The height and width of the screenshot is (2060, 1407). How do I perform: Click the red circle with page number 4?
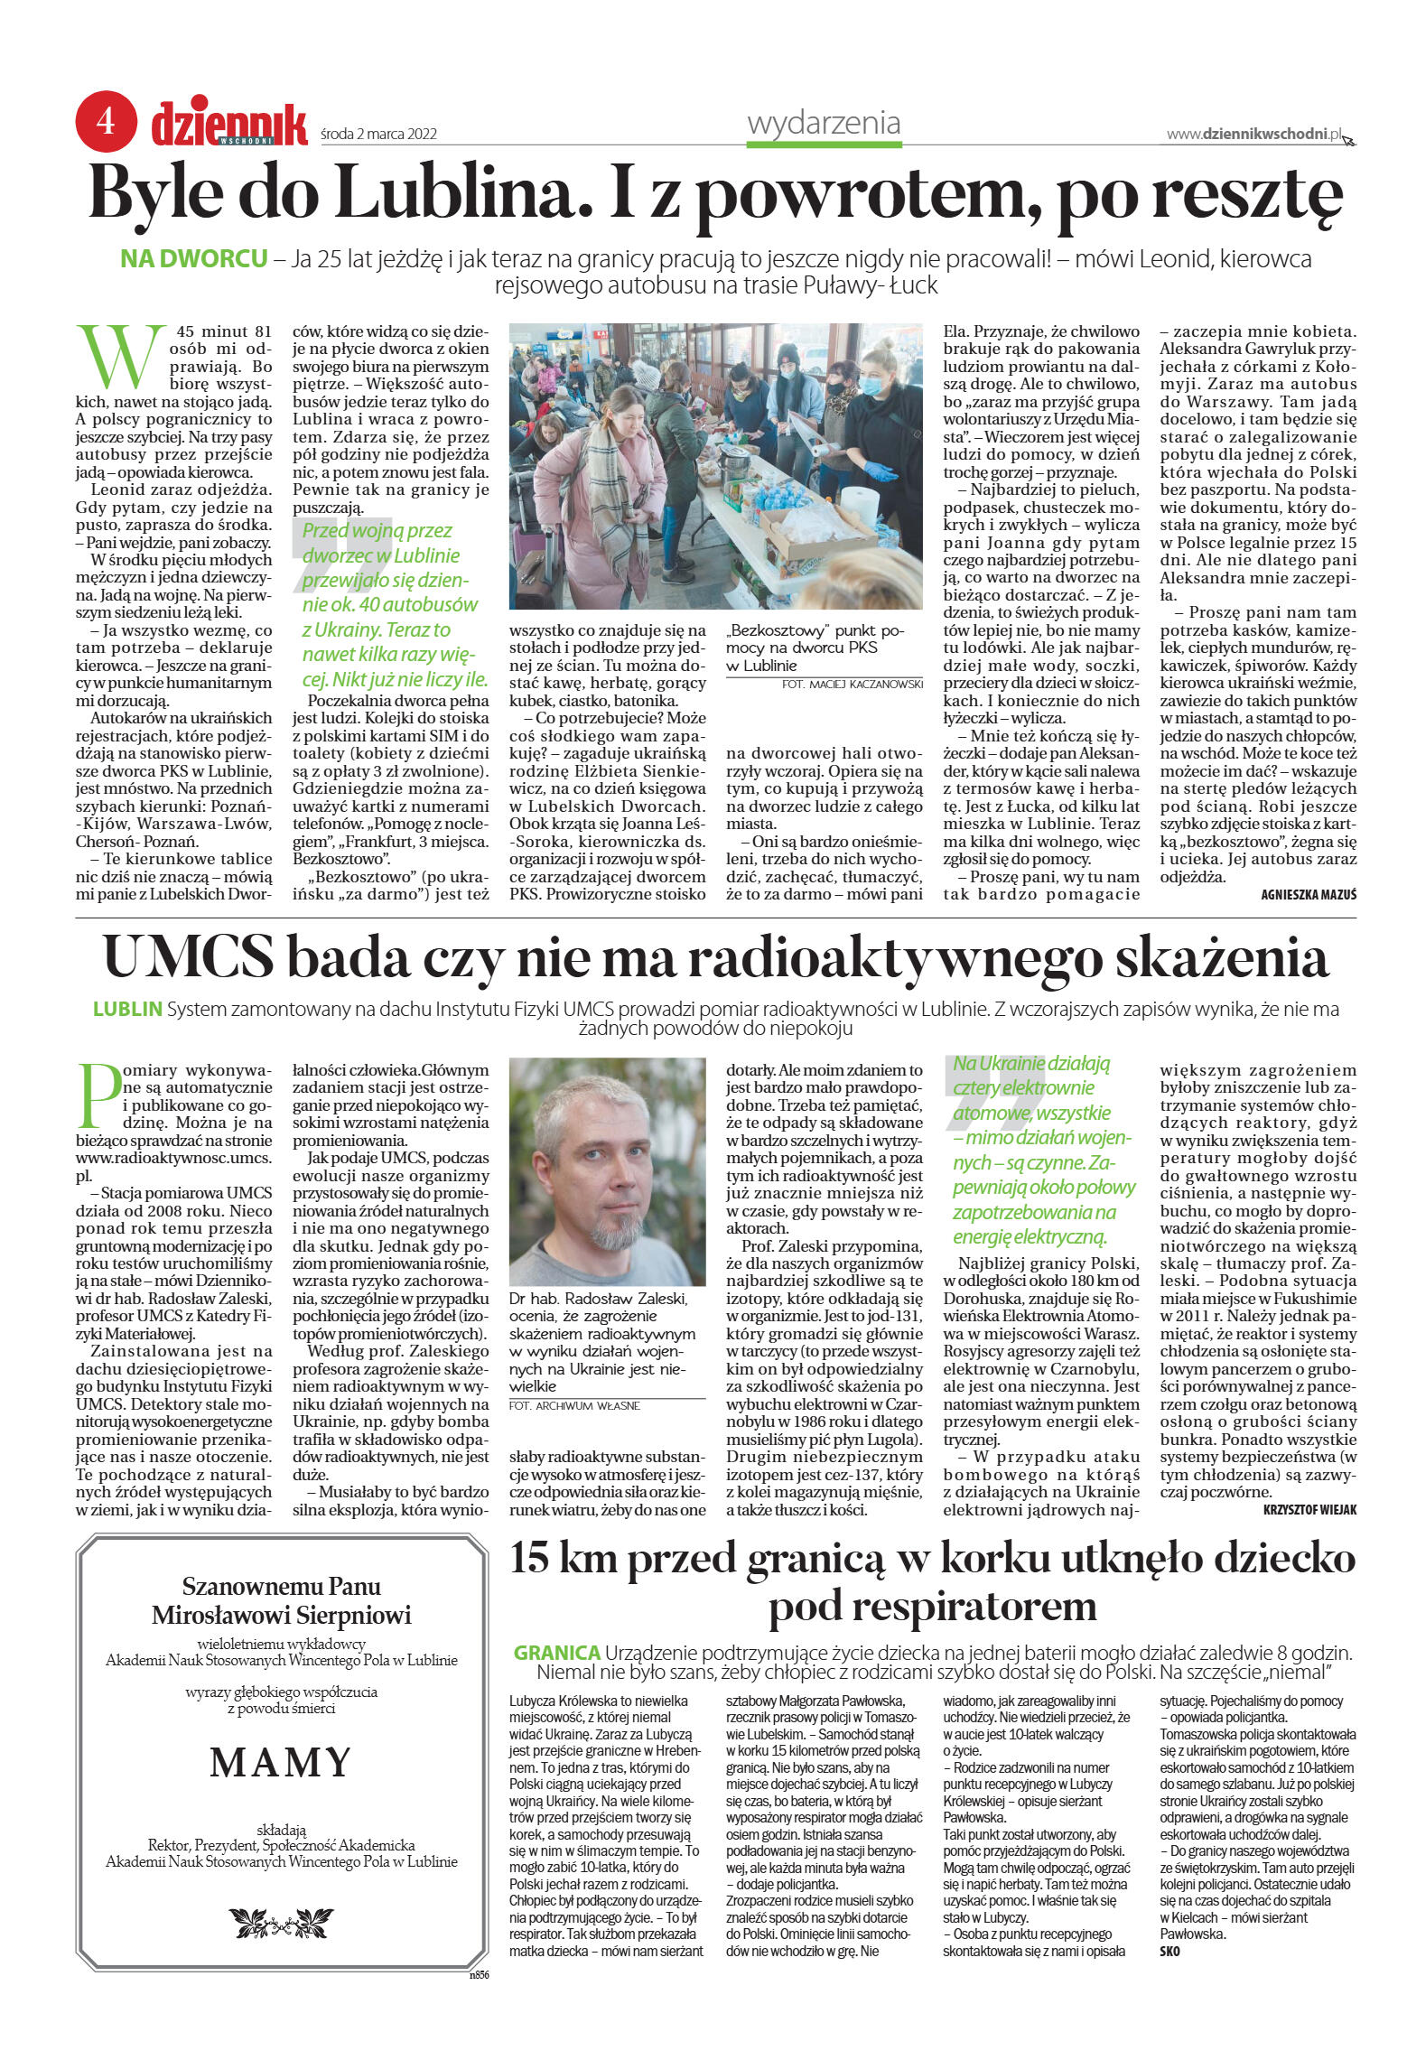[x=107, y=120]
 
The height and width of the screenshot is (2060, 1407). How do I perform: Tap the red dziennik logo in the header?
[x=229, y=125]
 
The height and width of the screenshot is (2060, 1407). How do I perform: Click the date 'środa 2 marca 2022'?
[x=379, y=134]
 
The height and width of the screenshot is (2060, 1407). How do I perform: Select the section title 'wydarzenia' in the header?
[x=824, y=123]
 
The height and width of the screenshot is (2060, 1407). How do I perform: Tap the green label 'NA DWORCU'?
[x=194, y=259]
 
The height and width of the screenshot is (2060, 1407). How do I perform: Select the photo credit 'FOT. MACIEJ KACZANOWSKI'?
[x=853, y=685]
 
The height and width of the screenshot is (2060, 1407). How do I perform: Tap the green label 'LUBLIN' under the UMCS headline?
[x=127, y=1009]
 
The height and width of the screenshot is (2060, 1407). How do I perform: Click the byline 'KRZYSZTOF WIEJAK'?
[x=1309, y=1509]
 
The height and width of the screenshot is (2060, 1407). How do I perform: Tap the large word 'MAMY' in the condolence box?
[x=281, y=1761]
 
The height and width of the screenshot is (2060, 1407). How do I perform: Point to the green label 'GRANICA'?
[x=556, y=1652]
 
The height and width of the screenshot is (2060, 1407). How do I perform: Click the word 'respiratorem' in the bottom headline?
[x=932, y=1605]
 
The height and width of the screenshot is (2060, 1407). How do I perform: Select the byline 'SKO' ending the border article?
[x=1169, y=1952]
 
